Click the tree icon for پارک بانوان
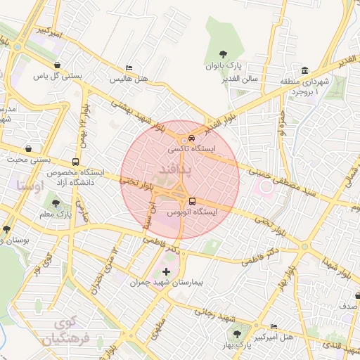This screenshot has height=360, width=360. click(x=223, y=54)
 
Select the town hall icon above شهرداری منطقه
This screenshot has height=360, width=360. click(x=304, y=70)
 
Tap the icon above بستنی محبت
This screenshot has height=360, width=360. click(x=28, y=148)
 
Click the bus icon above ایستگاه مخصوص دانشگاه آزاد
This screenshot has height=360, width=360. click(x=76, y=161)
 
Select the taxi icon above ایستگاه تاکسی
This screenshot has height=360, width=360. click(x=192, y=138)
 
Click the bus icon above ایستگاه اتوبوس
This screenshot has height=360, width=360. click(x=192, y=200)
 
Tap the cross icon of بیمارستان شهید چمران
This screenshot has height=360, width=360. click(x=166, y=271)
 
